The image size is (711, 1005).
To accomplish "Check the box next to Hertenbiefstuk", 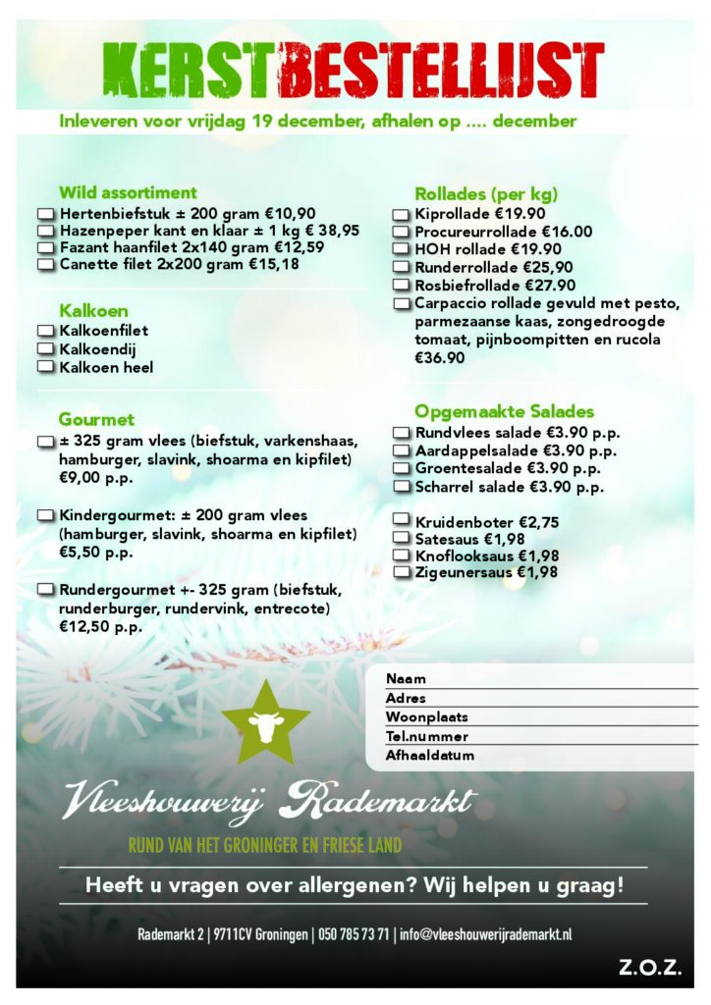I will click(46, 213).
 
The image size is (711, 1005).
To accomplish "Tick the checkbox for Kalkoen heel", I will click(46, 367).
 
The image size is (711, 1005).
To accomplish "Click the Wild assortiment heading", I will click(128, 192).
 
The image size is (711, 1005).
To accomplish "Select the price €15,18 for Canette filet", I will click(274, 264).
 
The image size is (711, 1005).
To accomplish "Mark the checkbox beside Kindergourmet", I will click(46, 515).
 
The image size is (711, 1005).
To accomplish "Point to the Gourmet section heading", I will click(96, 419).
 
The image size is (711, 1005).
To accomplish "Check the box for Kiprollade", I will click(401, 214).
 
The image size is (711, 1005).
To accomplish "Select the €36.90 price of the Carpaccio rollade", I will click(439, 358).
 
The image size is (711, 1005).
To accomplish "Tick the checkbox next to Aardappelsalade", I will click(401, 451).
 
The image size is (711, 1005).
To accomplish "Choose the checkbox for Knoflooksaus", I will click(401, 555).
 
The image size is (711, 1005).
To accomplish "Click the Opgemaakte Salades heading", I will click(504, 411).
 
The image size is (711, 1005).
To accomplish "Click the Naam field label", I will click(406, 679).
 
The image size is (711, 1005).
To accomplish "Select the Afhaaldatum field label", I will click(430, 756).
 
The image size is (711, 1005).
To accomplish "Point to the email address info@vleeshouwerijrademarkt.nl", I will click(486, 934).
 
